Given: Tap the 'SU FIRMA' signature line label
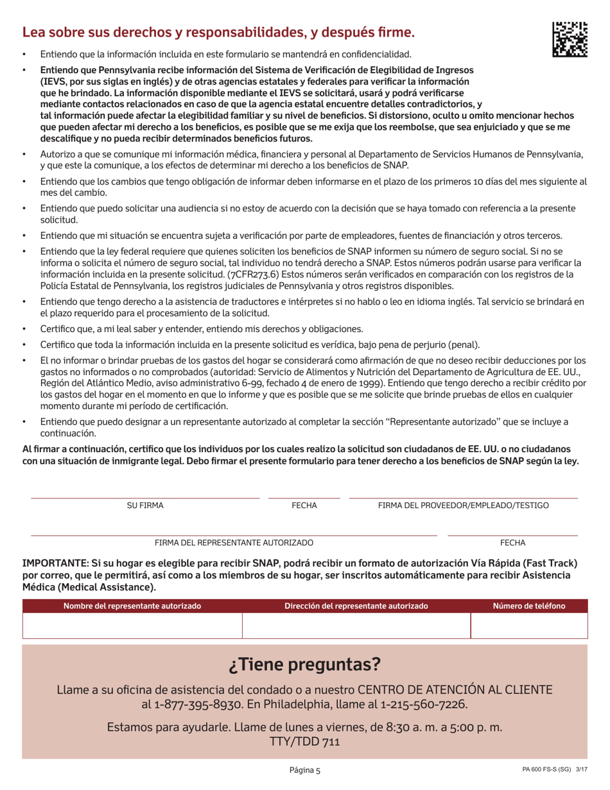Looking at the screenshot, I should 145,506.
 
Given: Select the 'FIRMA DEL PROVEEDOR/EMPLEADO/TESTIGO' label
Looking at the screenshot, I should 463,506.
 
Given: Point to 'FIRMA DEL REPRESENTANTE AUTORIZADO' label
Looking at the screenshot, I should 234,543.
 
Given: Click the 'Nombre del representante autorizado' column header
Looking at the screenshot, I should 132,606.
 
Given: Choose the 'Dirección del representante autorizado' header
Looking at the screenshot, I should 356,606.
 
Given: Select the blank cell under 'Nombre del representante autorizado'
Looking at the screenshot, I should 132,625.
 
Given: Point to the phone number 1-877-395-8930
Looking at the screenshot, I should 199,705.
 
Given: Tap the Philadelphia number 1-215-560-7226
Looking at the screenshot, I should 424,705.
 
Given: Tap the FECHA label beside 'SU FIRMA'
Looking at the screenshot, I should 304,506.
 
